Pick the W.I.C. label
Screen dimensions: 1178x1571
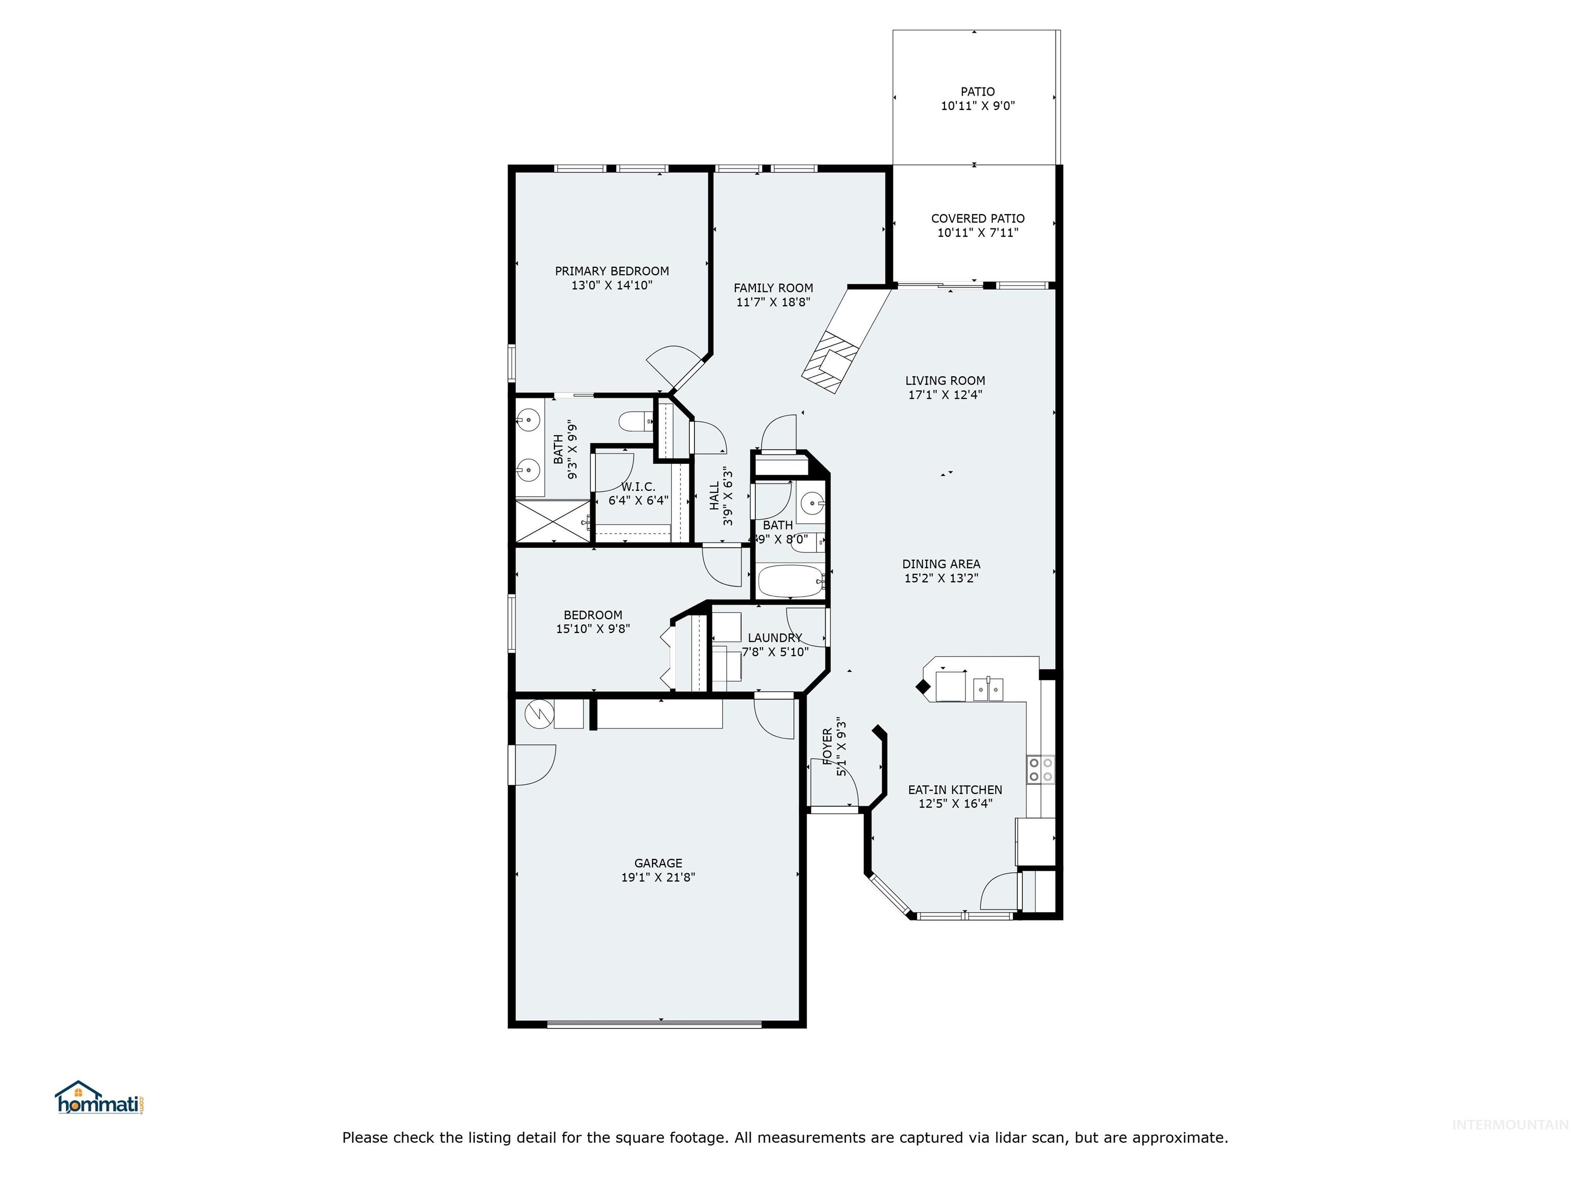[638, 486]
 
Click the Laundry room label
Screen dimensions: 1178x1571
[775, 638]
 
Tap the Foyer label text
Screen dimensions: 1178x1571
[827, 746]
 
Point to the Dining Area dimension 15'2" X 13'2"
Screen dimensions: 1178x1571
[941, 578]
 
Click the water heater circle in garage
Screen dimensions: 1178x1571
[538, 714]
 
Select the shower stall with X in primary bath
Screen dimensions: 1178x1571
[552, 522]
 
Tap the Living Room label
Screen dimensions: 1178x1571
[945, 380]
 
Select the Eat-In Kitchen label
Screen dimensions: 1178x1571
[955, 789]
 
